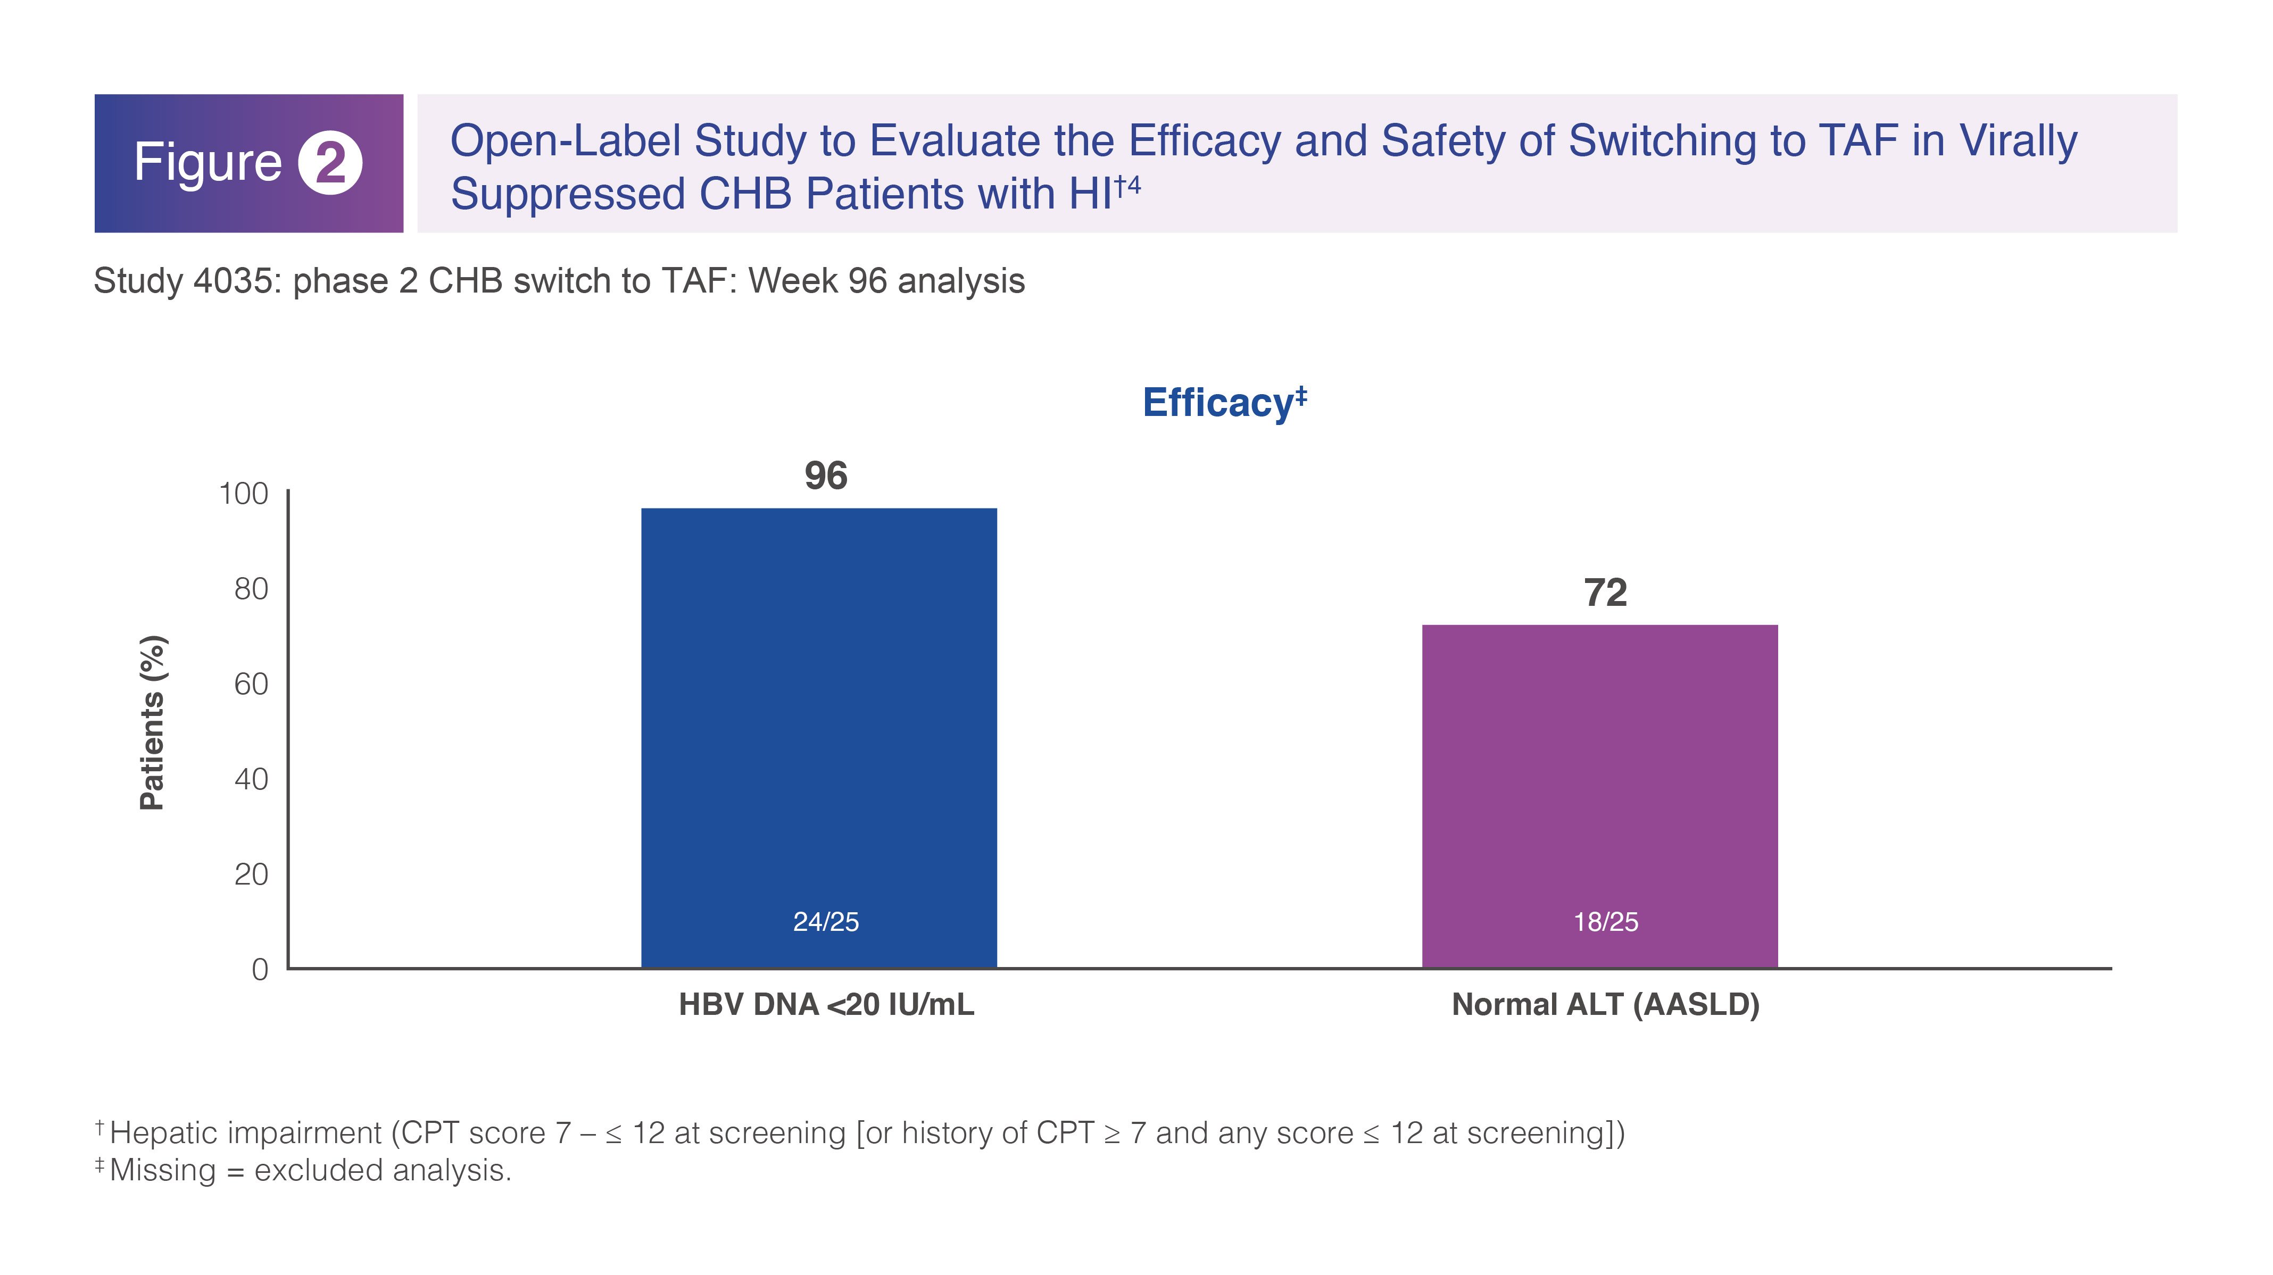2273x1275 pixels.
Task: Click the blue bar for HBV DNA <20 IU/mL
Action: click(819, 738)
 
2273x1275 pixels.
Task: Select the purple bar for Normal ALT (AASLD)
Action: click(1600, 796)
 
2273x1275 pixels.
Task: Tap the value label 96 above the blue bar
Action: click(826, 476)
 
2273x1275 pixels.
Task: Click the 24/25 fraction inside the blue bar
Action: click(826, 921)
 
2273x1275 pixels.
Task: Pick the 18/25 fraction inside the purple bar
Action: click(1606, 921)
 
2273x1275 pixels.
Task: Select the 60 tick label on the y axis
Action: click(252, 684)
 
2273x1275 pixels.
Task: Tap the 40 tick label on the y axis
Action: click(252, 779)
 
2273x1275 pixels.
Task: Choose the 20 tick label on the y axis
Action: click(252, 874)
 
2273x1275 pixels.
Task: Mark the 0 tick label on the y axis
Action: click(260, 970)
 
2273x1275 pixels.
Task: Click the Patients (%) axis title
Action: click(153, 723)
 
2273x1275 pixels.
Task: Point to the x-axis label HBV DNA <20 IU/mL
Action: click(827, 1005)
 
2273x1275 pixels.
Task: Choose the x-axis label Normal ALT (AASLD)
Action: click(1606, 1005)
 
